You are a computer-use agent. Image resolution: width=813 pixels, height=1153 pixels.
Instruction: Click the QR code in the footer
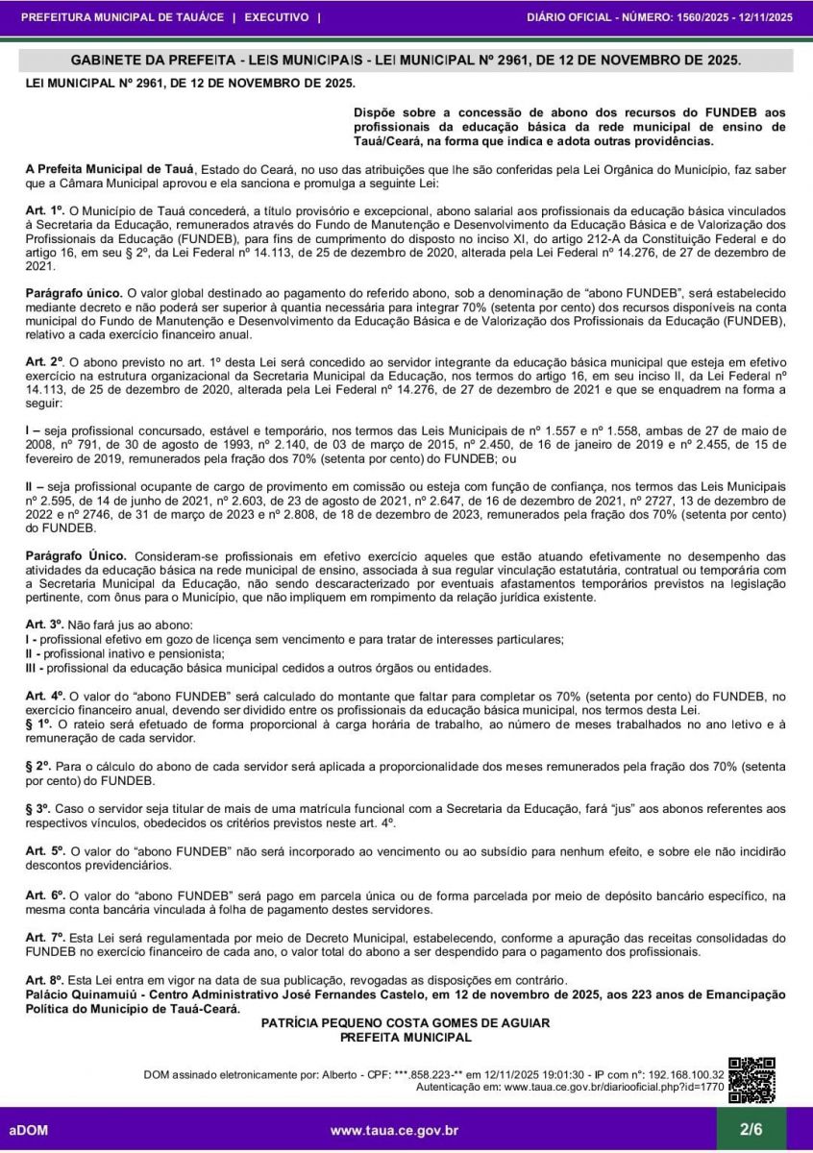pos(751,1080)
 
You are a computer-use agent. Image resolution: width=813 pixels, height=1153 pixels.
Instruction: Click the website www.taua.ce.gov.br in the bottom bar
pos(394,1131)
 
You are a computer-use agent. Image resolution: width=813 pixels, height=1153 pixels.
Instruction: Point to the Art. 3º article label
pos(44,626)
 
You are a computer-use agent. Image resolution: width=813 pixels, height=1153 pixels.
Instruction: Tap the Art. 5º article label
pos(44,851)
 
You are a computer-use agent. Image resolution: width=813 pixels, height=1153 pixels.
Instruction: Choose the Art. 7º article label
pos(44,937)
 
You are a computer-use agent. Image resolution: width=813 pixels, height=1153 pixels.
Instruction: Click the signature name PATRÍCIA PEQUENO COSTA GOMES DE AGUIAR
pos(406,1024)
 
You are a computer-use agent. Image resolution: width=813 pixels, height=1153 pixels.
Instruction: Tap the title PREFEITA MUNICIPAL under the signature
pos(406,1038)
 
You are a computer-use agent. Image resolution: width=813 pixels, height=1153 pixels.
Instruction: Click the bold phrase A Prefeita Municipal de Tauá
pos(110,169)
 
